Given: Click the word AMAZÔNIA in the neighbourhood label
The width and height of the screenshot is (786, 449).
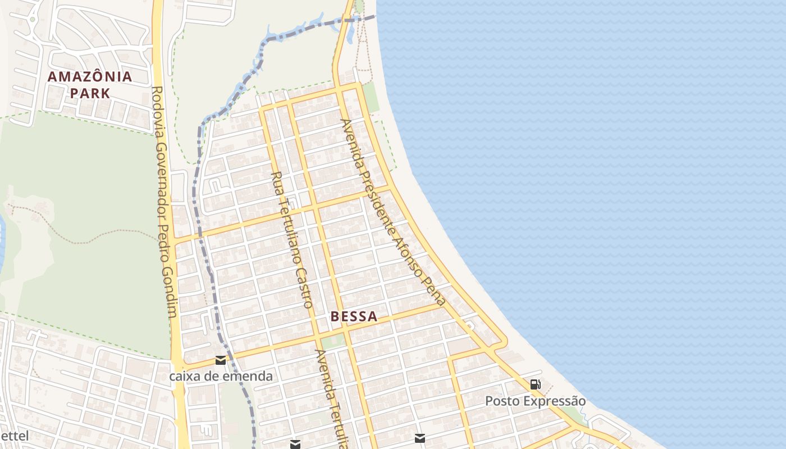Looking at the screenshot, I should pos(90,77).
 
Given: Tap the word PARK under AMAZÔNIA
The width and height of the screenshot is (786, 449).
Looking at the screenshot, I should pos(90,93).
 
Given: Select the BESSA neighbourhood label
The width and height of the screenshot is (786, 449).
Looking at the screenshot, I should pos(354,317).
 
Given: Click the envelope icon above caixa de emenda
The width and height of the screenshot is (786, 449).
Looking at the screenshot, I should pos(221,360).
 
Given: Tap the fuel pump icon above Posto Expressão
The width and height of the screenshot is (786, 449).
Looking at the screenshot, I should pos(536,384).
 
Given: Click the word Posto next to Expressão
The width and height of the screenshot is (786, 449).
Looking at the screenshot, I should pos(501,401).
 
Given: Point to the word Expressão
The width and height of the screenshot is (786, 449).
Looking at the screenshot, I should pos(554,401).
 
